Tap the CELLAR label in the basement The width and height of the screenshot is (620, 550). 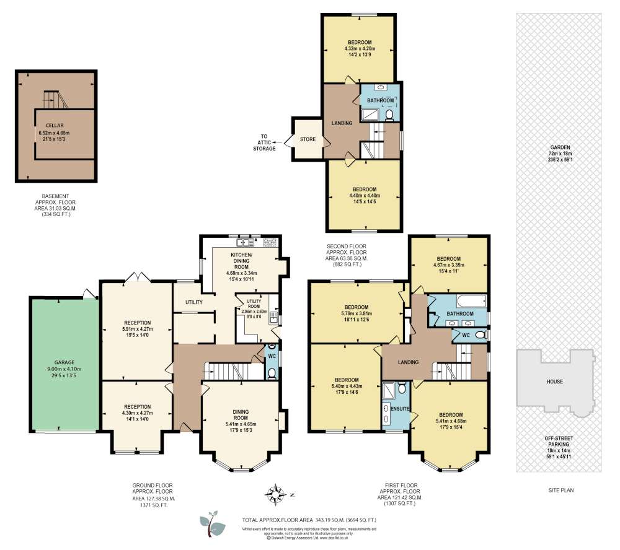pos(55,125)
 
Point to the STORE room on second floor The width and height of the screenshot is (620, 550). pos(308,139)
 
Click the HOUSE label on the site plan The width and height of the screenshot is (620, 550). pos(554,382)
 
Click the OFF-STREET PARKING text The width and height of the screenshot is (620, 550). pos(559,442)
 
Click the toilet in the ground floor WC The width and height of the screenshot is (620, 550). pos(272,373)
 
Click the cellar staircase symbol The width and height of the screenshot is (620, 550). pos(51,99)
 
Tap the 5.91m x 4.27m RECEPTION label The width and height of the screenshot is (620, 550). pos(137,329)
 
